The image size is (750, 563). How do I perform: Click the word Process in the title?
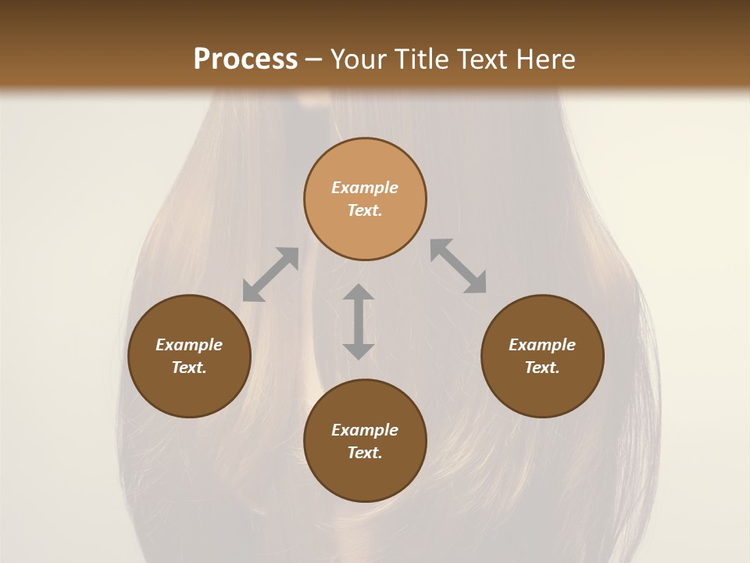click(x=245, y=59)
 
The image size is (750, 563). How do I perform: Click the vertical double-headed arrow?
click(x=359, y=321)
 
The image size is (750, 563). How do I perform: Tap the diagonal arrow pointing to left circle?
click(x=270, y=274)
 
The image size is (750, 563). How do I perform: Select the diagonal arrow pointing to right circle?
click(x=459, y=266)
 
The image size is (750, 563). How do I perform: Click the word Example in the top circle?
click(x=365, y=188)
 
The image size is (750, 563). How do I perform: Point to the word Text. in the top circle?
click(x=365, y=210)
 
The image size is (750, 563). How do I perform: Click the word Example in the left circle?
click(x=189, y=345)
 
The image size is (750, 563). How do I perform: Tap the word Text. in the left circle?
click(x=189, y=368)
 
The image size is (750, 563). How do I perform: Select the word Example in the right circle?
click(x=542, y=345)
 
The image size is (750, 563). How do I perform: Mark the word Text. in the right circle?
click(x=542, y=368)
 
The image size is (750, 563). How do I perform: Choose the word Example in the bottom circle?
click(x=365, y=430)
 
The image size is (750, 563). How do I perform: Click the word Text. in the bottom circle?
click(x=365, y=453)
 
